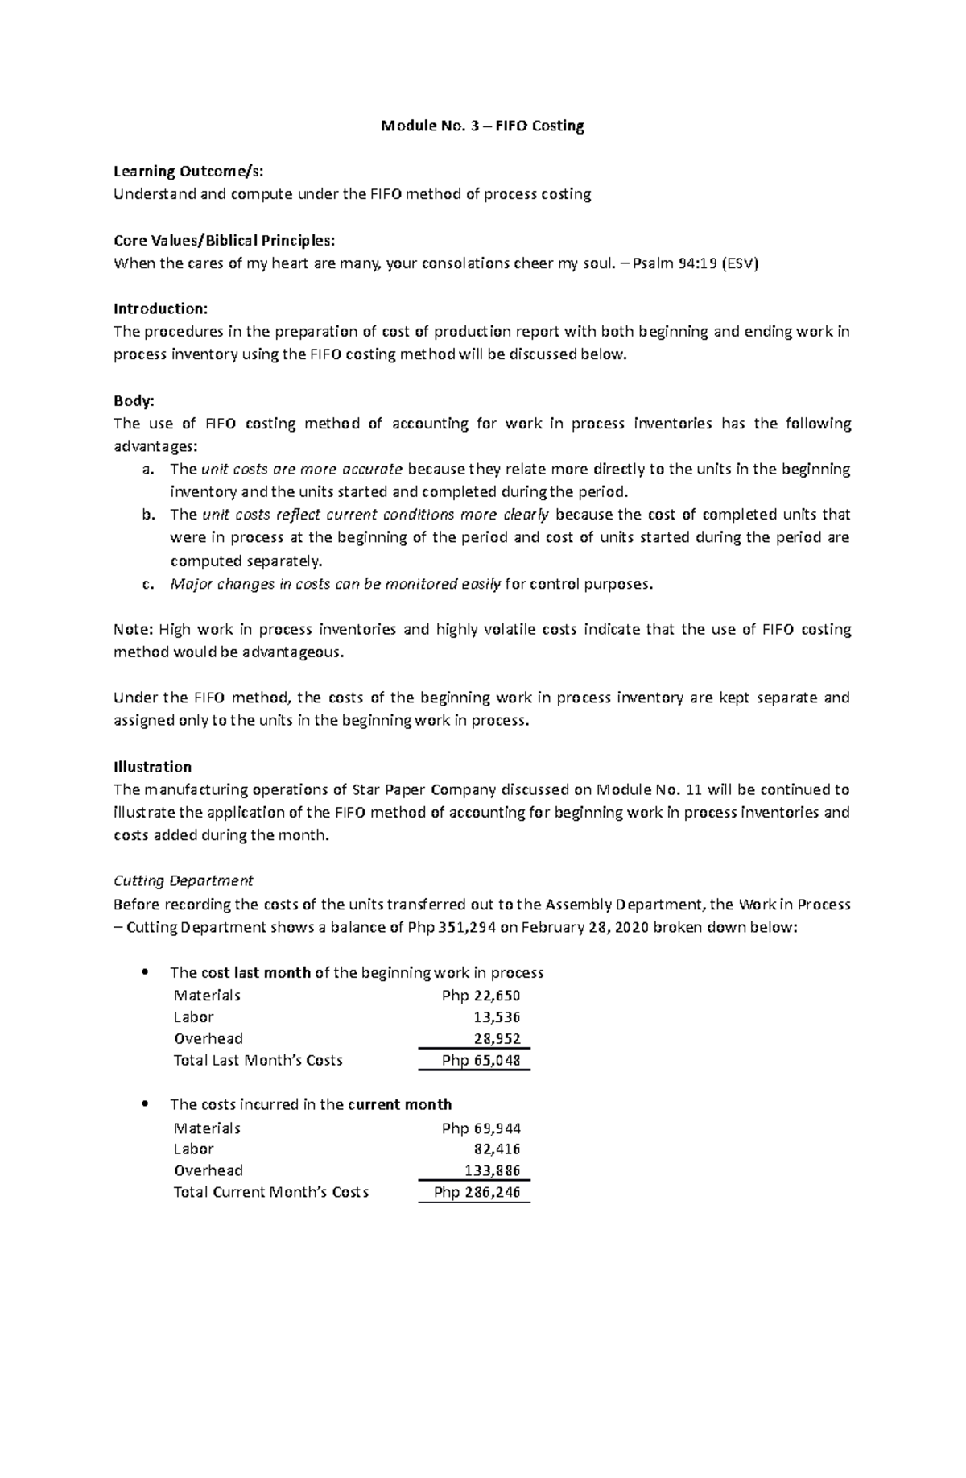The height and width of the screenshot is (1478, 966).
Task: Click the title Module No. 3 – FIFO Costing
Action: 482,126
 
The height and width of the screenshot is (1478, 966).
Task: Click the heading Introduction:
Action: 160,308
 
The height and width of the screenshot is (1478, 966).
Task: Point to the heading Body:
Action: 134,400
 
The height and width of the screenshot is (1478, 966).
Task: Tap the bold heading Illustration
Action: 152,766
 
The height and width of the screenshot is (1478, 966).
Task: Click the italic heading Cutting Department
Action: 183,880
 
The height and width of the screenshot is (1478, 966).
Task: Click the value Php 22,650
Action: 481,996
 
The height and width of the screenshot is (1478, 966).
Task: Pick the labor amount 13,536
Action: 497,1017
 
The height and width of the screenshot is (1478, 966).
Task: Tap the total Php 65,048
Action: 481,1060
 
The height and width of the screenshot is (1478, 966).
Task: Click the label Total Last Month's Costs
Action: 258,1060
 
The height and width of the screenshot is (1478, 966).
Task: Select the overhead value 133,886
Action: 492,1170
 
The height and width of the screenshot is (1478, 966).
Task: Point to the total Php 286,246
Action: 477,1192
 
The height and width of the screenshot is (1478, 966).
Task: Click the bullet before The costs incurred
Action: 145,1103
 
